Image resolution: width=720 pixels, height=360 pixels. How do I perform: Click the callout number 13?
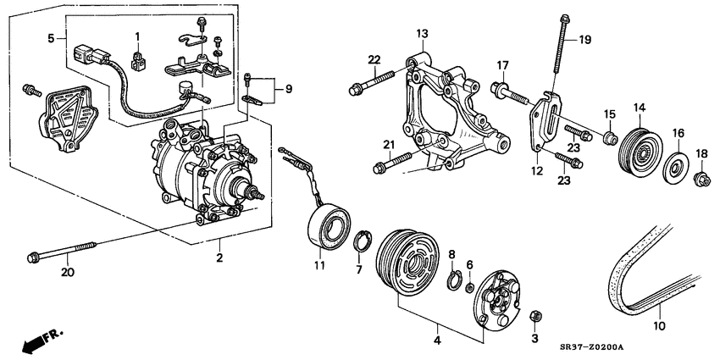click(422, 33)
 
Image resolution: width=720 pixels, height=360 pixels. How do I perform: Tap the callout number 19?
click(584, 40)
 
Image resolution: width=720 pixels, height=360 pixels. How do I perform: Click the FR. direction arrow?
click(42, 340)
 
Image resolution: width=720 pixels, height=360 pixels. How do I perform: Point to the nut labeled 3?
click(535, 317)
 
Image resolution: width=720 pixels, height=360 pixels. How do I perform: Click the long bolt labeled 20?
click(61, 252)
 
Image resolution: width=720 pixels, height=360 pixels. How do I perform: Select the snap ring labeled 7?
click(363, 242)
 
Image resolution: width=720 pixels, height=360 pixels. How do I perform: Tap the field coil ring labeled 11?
click(328, 228)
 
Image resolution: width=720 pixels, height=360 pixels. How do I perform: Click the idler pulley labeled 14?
click(640, 152)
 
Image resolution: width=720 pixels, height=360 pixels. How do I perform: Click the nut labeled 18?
click(701, 178)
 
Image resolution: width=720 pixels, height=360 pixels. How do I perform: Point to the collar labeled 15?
click(610, 137)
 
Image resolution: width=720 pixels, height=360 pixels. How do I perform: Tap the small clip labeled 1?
click(137, 61)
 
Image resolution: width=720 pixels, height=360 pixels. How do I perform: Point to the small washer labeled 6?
click(469, 288)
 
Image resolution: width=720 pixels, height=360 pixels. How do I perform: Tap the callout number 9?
click(289, 89)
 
